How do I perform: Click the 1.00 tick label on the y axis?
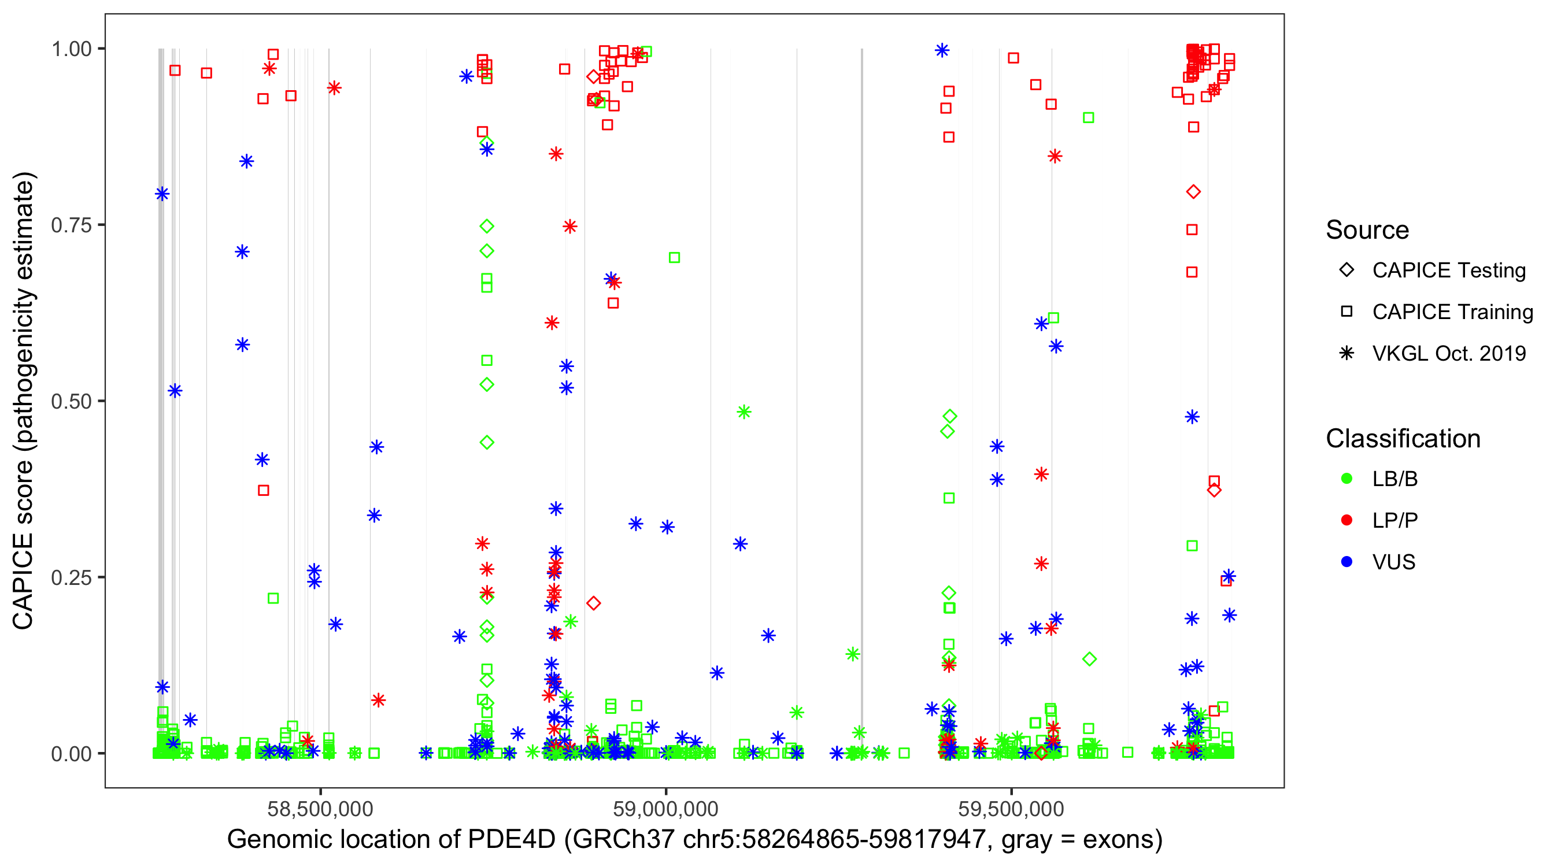click(x=71, y=49)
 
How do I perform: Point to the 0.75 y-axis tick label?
click(x=71, y=225)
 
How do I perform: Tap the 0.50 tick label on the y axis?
click(x=71, y=401)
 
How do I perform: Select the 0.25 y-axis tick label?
click(x=71, y=577)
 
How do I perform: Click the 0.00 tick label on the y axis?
click(x=71, y=754)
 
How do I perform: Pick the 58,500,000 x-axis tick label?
click(x=320, y=809)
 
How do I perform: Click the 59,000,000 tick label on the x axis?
click(x=665, y=809)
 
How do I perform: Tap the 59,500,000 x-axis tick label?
click(x=1011, y=809)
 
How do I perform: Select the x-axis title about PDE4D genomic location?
click(x=694, y=840)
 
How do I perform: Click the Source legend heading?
click(x=1367, y=230)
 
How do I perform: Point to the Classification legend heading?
click(x=1403, y=439)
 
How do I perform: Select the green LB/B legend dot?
click(x=1347, y=479)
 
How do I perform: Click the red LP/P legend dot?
click(x=1347, y=520)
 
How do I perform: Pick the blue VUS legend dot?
click(x=1347, y=562)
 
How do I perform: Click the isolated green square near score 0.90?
click(x=1088, y=117)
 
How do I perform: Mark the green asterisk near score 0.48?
click(x=744, y=412)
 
